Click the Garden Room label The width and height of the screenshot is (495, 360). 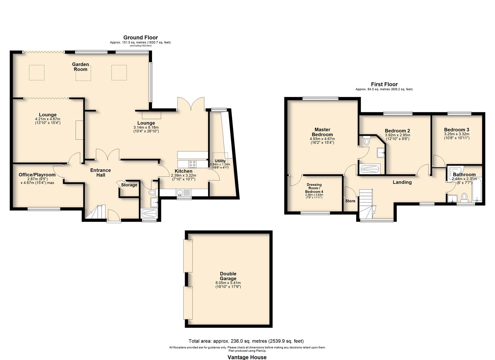click(x=81, y=67)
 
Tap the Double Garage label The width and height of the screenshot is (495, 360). click(x=228, y=276)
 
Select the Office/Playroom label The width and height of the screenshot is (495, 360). click(x=37, y=175)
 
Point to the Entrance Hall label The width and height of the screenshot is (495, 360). click(x=101, y=172)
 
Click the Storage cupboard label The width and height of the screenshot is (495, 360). click(x=129, y=185)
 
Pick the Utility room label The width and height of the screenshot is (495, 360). click(x=220, y=161)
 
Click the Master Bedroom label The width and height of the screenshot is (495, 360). click(x=322, y=132)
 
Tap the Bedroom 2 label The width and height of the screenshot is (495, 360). click(x=397, y=131)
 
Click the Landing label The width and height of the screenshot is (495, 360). click(x=402, y=182)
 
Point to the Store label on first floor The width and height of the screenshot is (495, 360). click(x=350, y=201)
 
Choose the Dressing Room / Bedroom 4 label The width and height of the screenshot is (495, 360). click(x=314, y=188)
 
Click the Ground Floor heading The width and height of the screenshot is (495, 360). click(x=140, y=38)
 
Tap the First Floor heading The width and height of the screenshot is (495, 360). click(x=384, y=84)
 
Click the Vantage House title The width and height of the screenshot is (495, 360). click(x=247, y=357)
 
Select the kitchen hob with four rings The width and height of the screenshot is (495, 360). click(x=193, y=164)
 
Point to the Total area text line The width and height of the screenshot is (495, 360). click(x=246, y=341)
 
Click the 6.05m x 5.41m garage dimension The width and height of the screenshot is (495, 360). click(x=228, y=283)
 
